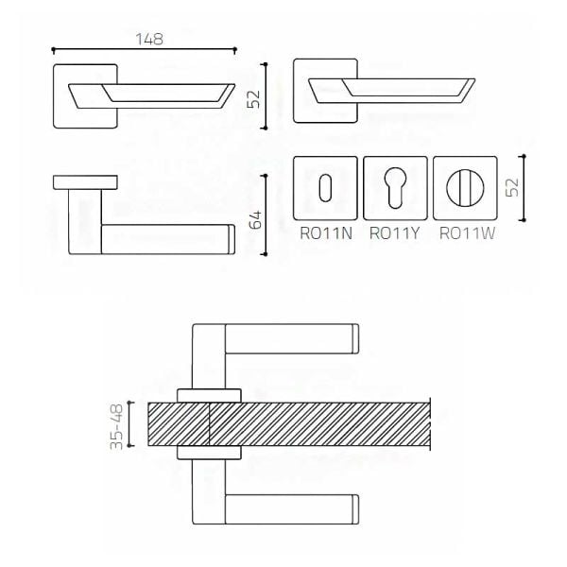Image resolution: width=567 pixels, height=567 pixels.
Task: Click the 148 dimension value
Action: pyautogui.click(x=149, y=39)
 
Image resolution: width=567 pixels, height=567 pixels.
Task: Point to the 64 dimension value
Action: pyautogui.click(x=255, y=219)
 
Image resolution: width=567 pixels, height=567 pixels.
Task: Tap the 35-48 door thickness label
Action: pyautogui.click(x=116, y=427)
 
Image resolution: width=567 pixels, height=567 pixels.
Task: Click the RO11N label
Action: pyautogui.click(x=326, y=233)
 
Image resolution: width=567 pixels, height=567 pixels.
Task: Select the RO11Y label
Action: pyautogui.click(x=394, y=233)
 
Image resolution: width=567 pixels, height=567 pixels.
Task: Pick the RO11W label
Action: pyautogui.click(x=467, y=233)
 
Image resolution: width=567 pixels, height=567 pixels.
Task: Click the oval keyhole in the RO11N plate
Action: pyautogui.click(x=325, y=188)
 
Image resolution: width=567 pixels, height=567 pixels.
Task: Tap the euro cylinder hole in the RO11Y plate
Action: pyautogui.click(x=395, y=188)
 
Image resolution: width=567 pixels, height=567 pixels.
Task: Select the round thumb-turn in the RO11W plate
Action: pyautogui.click(x=465, y=188)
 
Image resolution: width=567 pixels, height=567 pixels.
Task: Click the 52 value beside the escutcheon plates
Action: pyautogui.click(x=512, y=188)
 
